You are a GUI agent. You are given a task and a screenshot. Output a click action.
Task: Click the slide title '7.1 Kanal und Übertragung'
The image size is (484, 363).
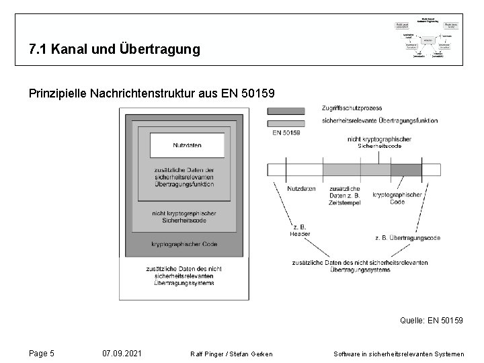click(114, 50)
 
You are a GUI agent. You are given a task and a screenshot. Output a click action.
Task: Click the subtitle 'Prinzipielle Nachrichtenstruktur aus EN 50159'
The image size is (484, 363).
click(151, 92)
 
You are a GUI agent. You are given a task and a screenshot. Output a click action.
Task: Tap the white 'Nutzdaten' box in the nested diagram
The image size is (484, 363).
click(187, 145)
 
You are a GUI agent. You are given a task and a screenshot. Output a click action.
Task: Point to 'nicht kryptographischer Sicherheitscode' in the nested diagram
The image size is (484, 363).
click(184, 216)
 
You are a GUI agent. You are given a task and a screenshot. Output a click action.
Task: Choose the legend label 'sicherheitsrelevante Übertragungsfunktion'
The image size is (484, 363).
click(380, 121)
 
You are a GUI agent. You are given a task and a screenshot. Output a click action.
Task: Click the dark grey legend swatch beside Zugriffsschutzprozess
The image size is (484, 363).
click(285, 110)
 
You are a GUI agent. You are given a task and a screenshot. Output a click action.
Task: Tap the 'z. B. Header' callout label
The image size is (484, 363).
click(299, 231)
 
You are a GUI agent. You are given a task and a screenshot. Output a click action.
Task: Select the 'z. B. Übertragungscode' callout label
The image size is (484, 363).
click(407, 237)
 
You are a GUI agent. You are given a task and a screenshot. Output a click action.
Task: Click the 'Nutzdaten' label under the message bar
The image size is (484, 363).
click(300, 189)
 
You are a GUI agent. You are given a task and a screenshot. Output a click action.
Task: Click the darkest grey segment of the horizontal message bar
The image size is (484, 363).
click(406, 169)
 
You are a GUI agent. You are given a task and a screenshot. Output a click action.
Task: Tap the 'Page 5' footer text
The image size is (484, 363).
click(42, 353)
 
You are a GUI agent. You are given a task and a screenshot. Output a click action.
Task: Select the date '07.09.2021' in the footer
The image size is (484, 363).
click(121, 353)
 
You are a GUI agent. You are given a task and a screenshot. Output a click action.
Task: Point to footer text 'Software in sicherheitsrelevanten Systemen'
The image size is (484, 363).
click(399, 354)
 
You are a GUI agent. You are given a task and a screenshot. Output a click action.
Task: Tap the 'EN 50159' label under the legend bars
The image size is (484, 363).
click(286, 132)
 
